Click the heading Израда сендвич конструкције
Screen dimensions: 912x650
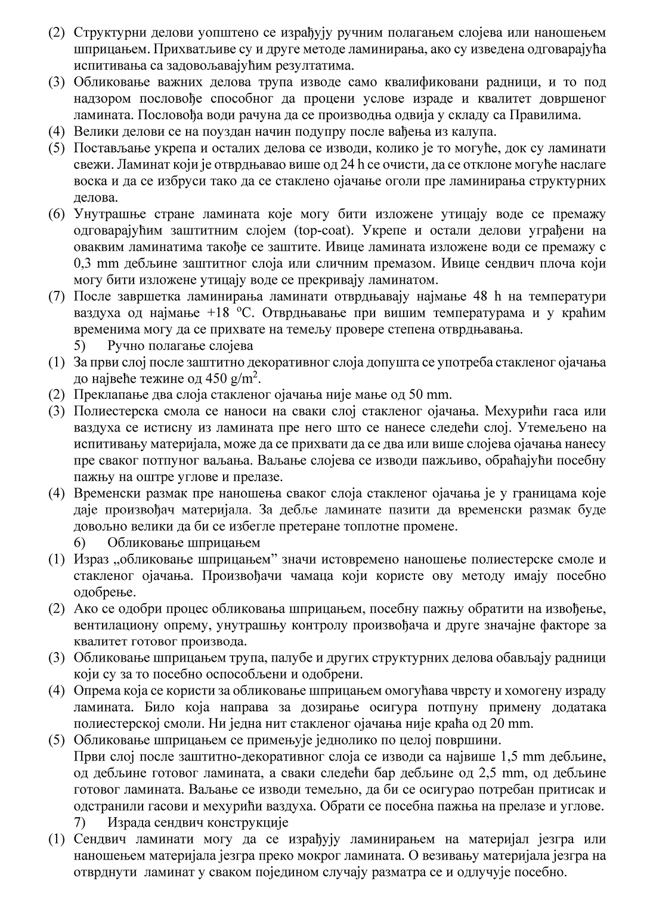198,823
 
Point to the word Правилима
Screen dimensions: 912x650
571,115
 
